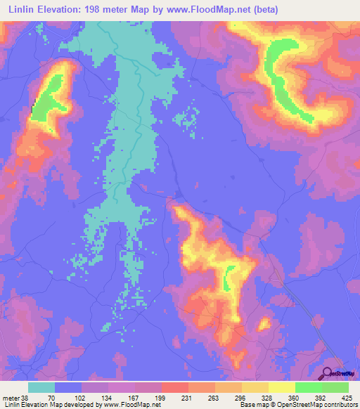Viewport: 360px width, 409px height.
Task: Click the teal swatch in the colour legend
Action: point(41,387)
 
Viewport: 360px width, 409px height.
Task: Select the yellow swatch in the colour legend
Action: point(281,387)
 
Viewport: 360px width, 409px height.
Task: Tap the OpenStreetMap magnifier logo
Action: point(328,373)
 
